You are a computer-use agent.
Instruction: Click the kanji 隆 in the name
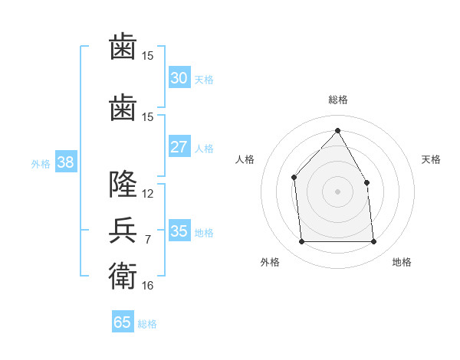pyautogui.click(x=123, y=184)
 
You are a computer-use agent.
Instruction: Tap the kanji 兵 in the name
pyautogui.click(x=123, y=230)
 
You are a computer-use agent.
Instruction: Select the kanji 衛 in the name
pyautogui.click(x=123, y=276)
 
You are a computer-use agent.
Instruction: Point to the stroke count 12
pyautogui.click(x=147, y=194)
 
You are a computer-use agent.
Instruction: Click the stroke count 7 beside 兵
pyautogui.click(x=148, y=240)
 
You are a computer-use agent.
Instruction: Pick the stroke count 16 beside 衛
pyautogui.click(x=147, y=286)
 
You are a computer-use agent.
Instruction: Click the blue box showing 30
pyautogui.click(x=179, y=77)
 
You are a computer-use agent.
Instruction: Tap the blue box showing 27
pyautogui.click(x=179, y=146)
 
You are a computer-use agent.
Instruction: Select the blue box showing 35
pyautogui.click(x=179, y=230)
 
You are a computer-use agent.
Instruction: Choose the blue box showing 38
pyautogui.click(x=66, y=162)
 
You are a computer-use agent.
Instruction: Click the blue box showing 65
pyautogui.click(x=123, y=321)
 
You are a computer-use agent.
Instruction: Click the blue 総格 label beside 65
pyautogui.click(x=147, y=324)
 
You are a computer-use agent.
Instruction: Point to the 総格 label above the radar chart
pyautogui.click(x=338, y=100)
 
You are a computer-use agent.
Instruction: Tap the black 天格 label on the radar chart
pyautogui.click(x=431, y=159)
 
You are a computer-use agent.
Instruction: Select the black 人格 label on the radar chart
pyautogui.click(x=245, y=159)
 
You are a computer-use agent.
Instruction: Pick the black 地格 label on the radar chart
pyautogui.click(x=402, y=262)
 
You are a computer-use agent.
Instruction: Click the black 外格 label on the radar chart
pyautogui.click(x=270, y=262)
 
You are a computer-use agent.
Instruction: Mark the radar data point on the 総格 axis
pyautogui.click(x=337, y=130)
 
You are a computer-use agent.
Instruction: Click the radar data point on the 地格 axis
pyautogui.click(x=373, y=241)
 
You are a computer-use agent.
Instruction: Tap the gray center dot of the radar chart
pyautogui.click(x=337, y=191)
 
